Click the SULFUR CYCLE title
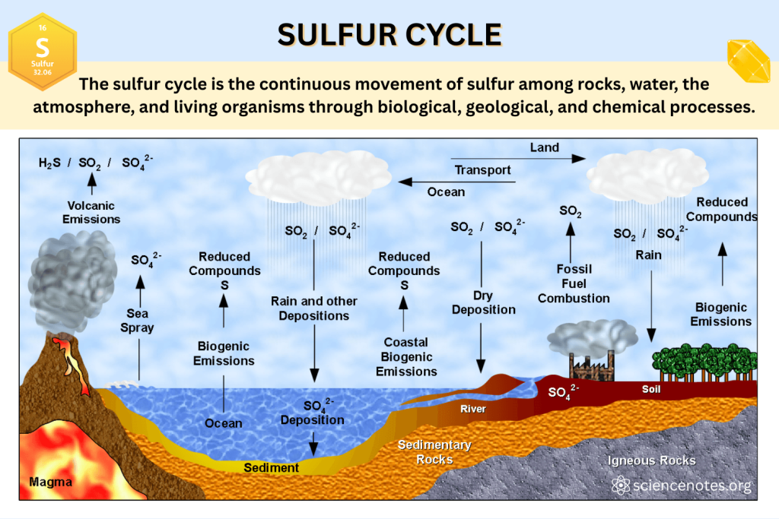point(389,35)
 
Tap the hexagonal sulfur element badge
point(43,52)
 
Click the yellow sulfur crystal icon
point(749,61)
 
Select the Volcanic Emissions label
point(91,212)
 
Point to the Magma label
point(50,482)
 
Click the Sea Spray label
point(137,321)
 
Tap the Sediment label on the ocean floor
point(272,467)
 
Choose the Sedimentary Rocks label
point(434,452)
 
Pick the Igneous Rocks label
point(651,460)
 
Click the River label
point(472,409)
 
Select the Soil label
point(651,389)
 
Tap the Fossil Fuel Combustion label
point(574,283)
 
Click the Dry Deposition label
point(483,302)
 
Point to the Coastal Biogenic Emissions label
point(406,356)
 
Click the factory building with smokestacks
point(592,366)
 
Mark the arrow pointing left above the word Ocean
point(456,182)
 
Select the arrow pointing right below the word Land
point(518,159)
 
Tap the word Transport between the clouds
point(482,170)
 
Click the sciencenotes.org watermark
point(681,485)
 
